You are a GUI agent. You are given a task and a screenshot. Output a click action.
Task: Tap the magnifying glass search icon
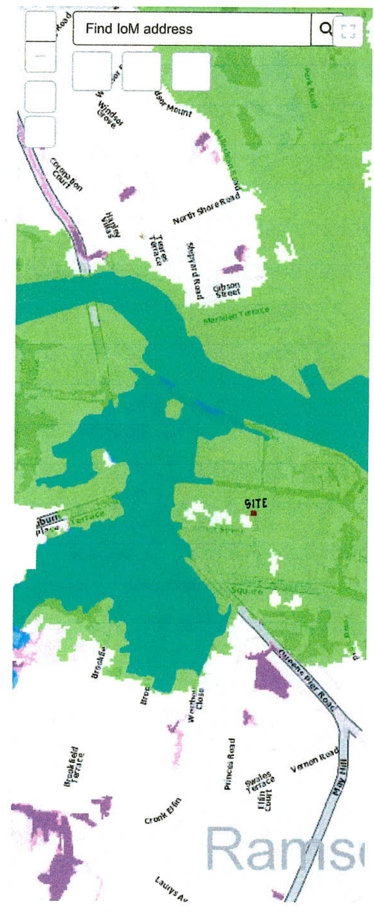(x=325, y=29)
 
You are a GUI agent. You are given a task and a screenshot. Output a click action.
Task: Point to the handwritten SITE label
(x=256, y=503)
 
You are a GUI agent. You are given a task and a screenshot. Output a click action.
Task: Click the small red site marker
(x=253, y=513)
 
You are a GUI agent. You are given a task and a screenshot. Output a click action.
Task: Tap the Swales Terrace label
(x=260, y=782)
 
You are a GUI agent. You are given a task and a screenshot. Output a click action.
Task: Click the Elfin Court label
(x=264, y=800)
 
